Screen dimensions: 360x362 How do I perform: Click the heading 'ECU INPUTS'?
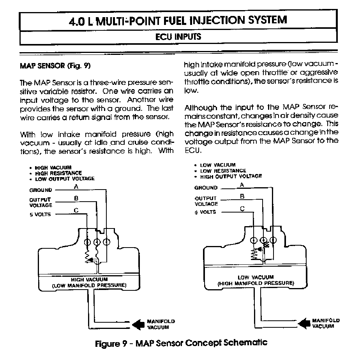tap(178, 37)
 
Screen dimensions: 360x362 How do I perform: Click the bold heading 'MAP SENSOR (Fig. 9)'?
tap(55, 66)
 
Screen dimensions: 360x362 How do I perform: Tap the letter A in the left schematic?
tap(76, 186)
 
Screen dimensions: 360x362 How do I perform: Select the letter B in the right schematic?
tap(242, 197)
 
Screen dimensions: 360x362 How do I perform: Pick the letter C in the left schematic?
tap(76, 210)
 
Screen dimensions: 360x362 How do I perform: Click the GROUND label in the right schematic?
tap(206, 188)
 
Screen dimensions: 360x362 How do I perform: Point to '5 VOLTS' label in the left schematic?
tap(40, 214)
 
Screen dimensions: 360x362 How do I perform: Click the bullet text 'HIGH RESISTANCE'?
tap(58, 173)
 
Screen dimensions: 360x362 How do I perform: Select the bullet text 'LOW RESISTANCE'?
tap(223, 171)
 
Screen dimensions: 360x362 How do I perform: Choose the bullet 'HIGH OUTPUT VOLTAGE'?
tap(231, 176)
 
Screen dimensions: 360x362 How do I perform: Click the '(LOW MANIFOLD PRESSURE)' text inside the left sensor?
tap(89, 285)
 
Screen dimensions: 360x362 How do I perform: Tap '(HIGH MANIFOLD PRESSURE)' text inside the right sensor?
tap(256, 283)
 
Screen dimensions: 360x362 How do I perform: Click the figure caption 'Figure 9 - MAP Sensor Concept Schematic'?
tap(181, 343)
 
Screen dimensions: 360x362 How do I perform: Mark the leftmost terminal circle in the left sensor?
tap(87, 242)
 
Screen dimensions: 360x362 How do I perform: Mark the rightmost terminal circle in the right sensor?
tap(273, 240)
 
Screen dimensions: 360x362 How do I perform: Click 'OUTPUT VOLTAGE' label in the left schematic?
tap(41, 202)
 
